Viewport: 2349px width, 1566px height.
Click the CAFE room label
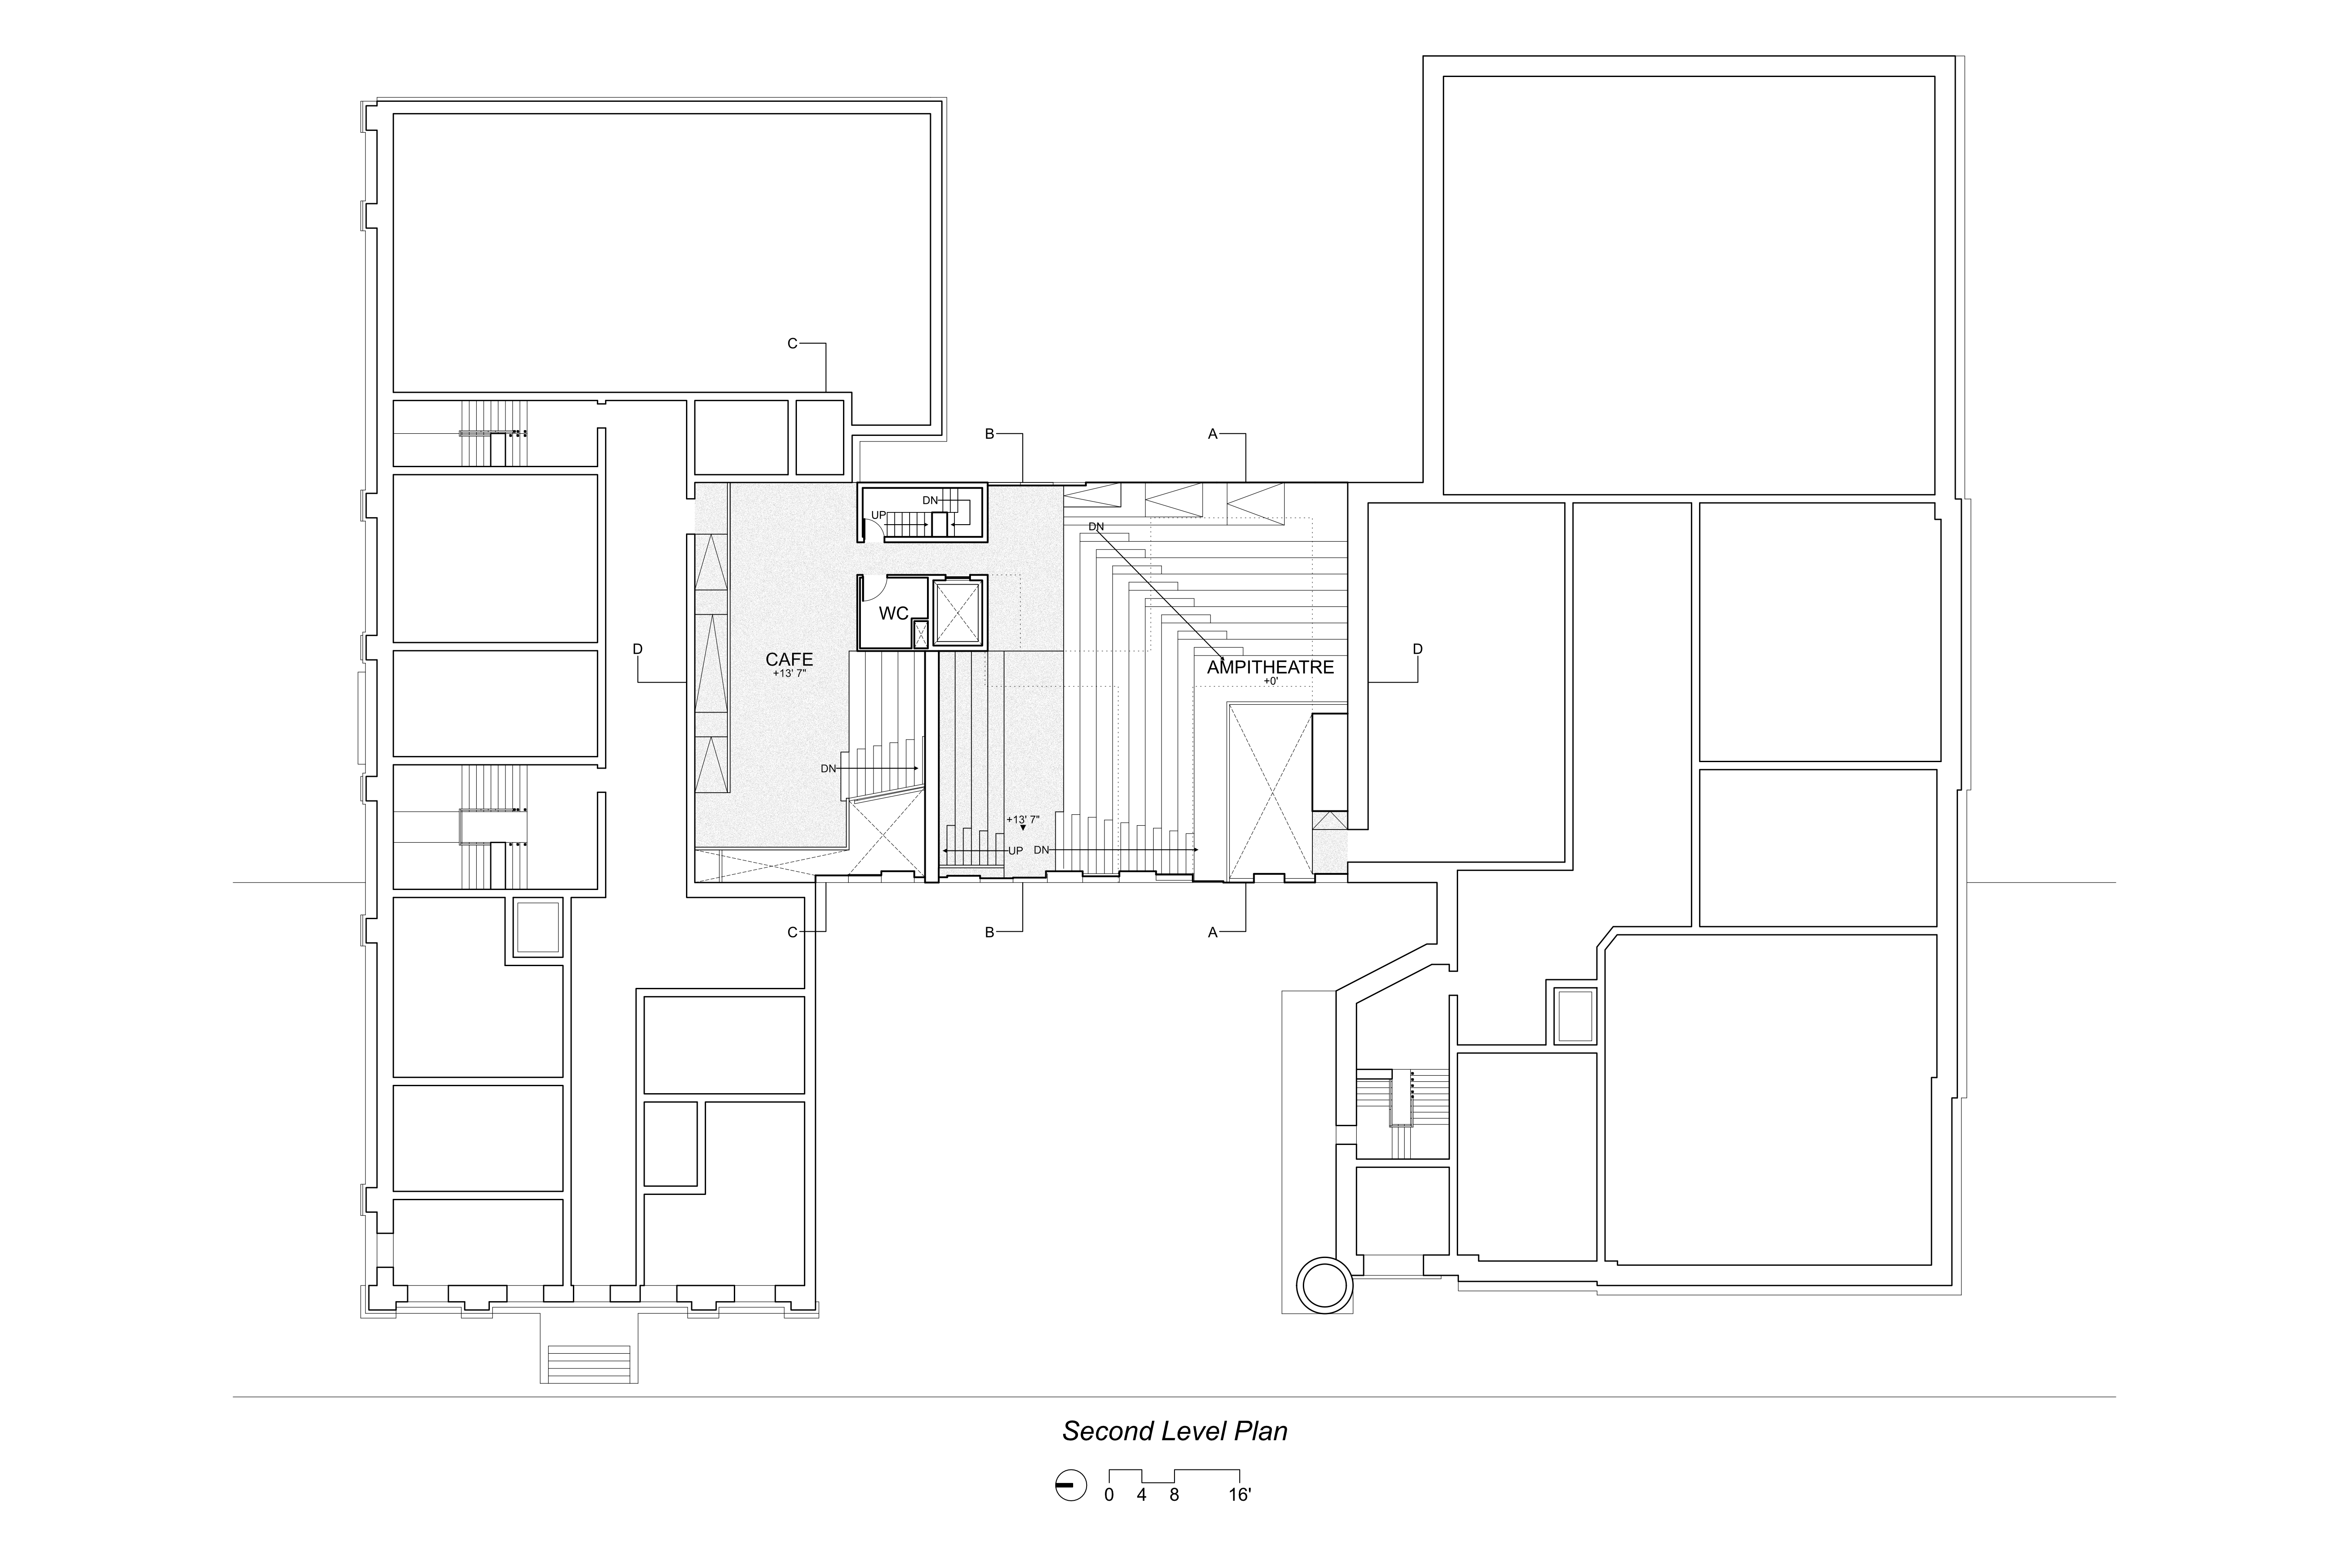click(x=789, y=659)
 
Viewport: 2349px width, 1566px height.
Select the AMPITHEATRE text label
click(x=1270, y=667)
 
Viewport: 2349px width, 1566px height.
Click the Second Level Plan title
click(x=1174, y=1431)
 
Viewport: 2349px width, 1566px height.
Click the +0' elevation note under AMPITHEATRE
click(x=1270, y=681)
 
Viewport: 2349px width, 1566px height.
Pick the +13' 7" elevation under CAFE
click(x=789, y=674)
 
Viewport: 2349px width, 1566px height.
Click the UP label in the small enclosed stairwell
click(x=879, y=515)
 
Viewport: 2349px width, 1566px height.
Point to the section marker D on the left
click(x=637, y=649)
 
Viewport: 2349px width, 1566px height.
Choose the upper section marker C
click(x=792, y=344)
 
